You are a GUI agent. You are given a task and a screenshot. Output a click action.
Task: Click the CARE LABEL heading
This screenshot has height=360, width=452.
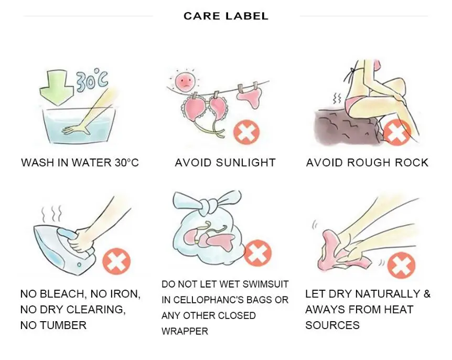coord(225,16)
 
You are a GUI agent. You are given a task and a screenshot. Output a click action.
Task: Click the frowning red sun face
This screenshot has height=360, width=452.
coord(185,82)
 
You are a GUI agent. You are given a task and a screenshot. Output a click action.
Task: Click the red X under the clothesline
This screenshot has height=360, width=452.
coord(246,132)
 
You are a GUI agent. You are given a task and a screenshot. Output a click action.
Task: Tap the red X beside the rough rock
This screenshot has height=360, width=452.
coord(397,132)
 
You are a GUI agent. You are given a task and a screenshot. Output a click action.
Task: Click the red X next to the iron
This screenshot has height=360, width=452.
coord(116,261)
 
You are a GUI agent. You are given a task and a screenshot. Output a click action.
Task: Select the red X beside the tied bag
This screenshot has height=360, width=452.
coord(257,253)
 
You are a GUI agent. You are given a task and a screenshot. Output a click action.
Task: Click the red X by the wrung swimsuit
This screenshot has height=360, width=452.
coord(401,265)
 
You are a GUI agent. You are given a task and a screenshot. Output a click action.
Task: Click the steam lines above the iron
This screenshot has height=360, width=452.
coord(51,213)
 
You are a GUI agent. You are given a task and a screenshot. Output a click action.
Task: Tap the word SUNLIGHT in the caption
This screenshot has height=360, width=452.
coord(245,163)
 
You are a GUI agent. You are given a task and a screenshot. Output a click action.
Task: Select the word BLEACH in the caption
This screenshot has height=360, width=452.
coord(62,294)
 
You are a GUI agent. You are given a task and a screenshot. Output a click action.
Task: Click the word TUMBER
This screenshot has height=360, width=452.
coord(63,325)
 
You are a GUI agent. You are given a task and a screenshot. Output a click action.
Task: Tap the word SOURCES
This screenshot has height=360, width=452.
coord(332,325)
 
